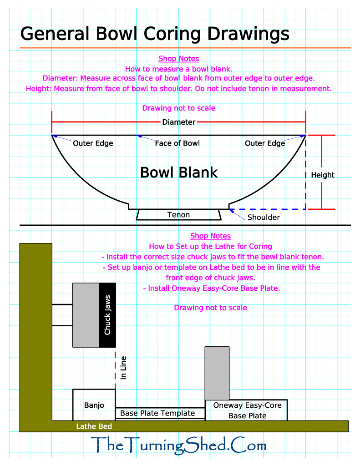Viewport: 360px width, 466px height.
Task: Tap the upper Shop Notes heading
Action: [178, 59]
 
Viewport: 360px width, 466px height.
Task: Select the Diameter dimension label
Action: [179, 122]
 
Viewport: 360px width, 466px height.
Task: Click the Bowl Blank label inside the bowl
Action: [179, 172]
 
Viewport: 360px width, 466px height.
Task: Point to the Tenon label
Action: [178, 214]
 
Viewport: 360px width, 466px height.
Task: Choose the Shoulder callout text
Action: [264, 217]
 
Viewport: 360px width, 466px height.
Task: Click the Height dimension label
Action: [323, 175]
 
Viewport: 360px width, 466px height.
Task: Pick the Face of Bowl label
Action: [177, 143]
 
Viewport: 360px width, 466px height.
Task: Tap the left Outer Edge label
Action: [93, 143]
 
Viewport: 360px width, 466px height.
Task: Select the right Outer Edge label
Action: [265, 143]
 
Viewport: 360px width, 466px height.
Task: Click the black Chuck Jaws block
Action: [107, 315]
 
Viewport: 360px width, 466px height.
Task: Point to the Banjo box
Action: [94, 405]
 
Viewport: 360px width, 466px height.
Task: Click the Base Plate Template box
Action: [157, 413]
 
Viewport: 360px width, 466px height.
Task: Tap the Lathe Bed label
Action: [94, 426]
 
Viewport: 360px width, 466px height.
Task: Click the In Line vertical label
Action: [123, 368]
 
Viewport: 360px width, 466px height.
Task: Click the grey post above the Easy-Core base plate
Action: [217, 373]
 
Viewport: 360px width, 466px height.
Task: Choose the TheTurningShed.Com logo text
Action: [178, 445]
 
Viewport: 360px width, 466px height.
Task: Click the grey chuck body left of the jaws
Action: [86, 315]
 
